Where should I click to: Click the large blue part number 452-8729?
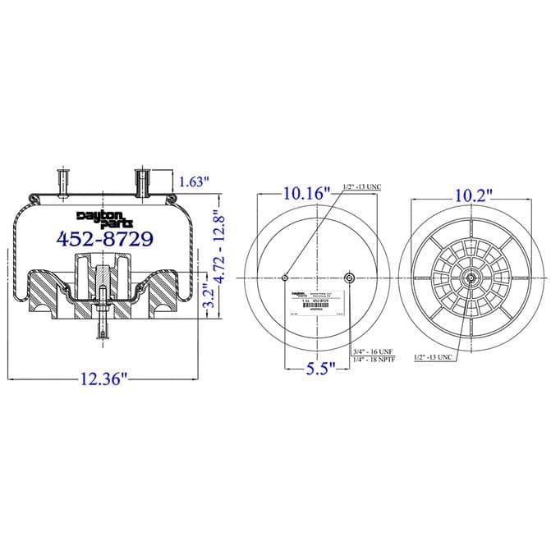pos(103,238)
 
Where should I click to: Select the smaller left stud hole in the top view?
pos(285,278)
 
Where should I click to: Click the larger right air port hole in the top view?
pos(350,278)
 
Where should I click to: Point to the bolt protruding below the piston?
pos(103,324)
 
